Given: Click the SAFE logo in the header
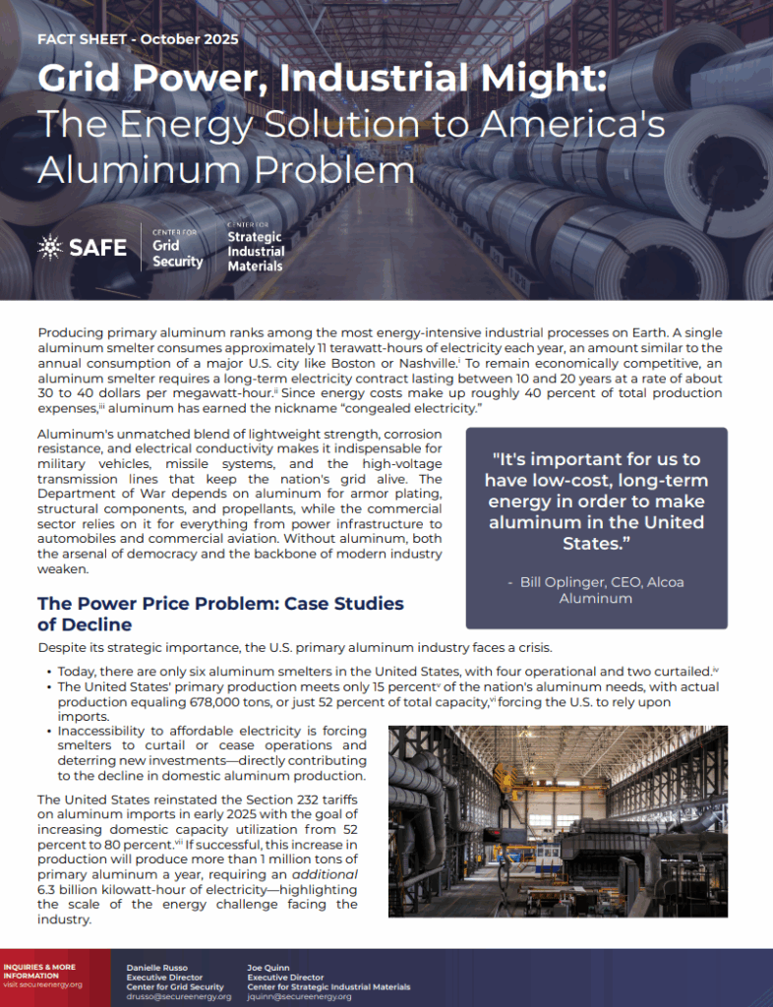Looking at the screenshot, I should click(x=83, y=247).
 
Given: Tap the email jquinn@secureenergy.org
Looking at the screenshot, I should click(x=298, y=996).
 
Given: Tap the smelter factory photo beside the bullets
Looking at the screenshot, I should click(x=558, y=820).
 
